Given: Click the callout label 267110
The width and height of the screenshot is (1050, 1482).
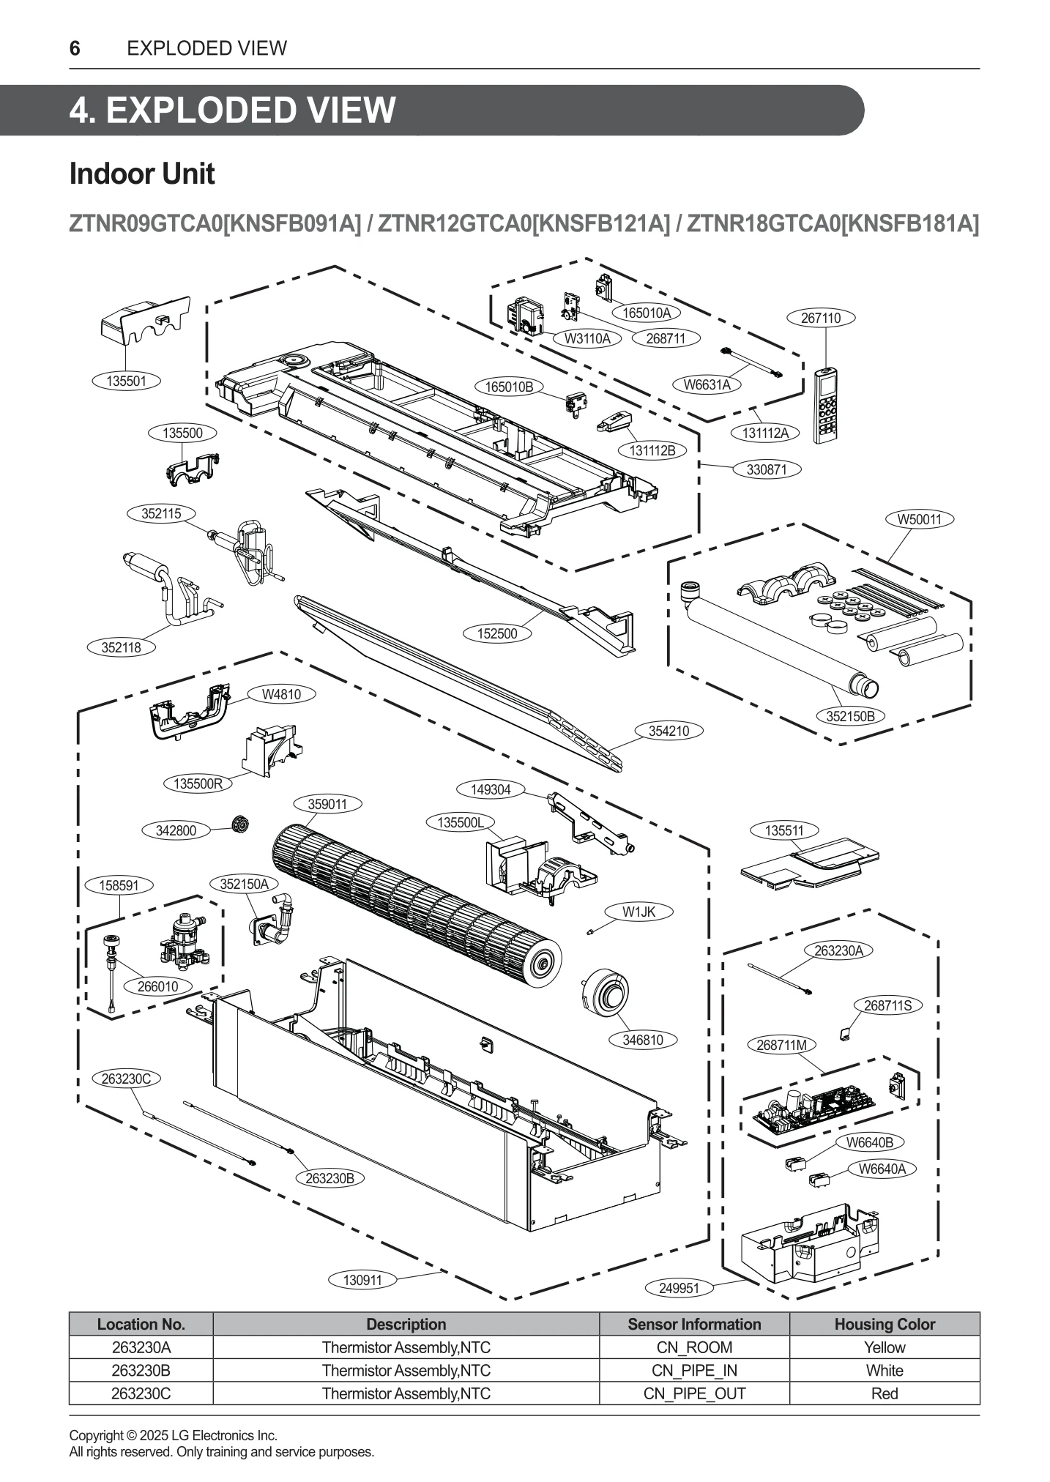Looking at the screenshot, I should pyautogui.click(x=821, y=318).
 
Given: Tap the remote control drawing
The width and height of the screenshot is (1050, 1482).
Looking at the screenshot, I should pyautogui.click(x=826, y=405).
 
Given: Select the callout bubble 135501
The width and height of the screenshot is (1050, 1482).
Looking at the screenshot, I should pyautogui.click(x=126, y=381).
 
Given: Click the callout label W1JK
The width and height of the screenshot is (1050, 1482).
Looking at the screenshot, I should pyautogui.click(x=638, y=912).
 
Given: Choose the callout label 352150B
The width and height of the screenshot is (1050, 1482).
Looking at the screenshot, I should pyautogui.click(x=850, y=716).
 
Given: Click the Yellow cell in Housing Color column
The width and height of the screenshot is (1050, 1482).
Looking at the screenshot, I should pyautogui.click(x=884, y=1347).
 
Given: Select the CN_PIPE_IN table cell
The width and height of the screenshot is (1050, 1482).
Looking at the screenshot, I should pyautogui.click(x=693, y=1371).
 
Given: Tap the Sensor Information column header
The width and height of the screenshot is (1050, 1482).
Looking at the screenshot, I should pyautogui.click(x=693, y=1324).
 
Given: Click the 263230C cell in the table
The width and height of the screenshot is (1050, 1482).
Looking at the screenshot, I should pyautogui.click(x=141, y=1393).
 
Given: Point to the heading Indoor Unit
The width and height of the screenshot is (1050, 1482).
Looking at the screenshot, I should pyautogui.click(x=142, y=174).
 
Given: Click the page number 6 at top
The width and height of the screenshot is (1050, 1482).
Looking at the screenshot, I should pyautogui.click(x=75, y=48).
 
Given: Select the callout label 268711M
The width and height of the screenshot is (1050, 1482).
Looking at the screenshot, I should pyautogui.click(x=781, y=1045).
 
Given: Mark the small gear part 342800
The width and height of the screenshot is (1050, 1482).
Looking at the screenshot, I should pyautogui.click(x=237, y=824).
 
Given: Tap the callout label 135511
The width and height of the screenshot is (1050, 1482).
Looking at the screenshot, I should pyautogui.click(x=783, y=830).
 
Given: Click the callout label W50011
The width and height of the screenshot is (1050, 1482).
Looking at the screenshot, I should pyautogui.click(x=919, y=519).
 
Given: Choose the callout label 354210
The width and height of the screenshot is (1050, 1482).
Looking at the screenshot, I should pyautogui.click(x=669, y=731).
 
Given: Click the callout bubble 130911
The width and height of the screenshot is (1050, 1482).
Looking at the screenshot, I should pyautogui.click(x=362, y=1280).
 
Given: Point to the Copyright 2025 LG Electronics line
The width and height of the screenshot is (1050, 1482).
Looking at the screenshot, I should pyautogui.click(x=173, y=1435).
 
